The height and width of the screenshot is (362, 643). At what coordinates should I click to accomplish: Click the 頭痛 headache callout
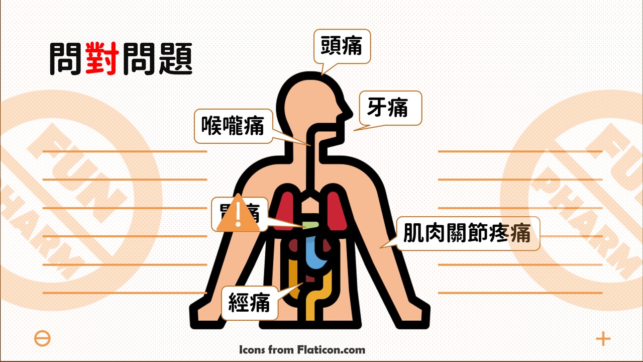pyautogui.click(x=342, y=46)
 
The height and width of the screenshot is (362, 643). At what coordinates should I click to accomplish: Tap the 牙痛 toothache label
pyautogui.click(x=390, y=108)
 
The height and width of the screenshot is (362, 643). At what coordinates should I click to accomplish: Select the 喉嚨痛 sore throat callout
pyautogui.click(x=233, y=126)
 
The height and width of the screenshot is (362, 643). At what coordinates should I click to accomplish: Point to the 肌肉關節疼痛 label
pyautogui.click(x=468, y=233)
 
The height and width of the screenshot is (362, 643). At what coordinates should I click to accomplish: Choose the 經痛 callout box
pyautogui.click(x=250, y=303)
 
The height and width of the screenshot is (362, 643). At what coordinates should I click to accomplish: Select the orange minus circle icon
pyautogui.click(x=43, y=338)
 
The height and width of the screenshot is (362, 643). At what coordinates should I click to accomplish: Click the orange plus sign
pyautogui.click(x=603, y=338)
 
